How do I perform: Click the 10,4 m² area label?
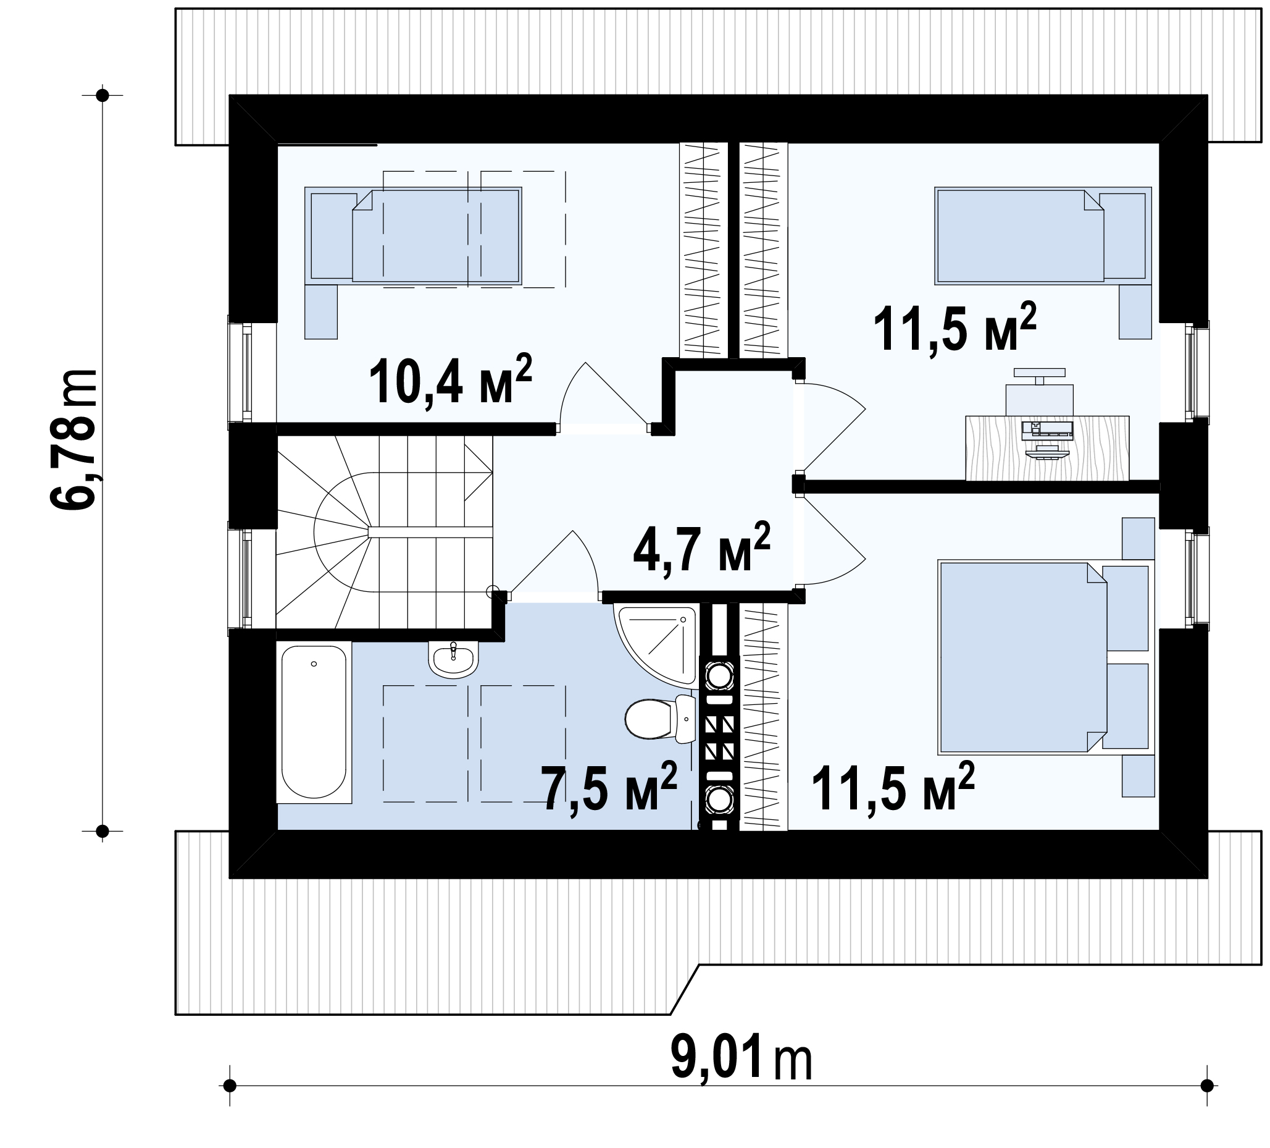coord(451,382)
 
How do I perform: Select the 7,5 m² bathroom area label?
coord(609,787)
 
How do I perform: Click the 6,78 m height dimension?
coord(73,439)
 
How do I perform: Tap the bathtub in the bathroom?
coord(314,722)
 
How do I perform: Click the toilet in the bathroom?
coord(659,719)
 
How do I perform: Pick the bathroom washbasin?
coord(453,659)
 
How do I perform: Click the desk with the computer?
coord(1047,447)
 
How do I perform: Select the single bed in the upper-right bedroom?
coord(1043,235)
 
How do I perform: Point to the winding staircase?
coord(383,533)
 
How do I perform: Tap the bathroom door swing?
coord(553,563)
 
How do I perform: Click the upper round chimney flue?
coord(719,677)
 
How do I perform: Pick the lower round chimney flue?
coord(719,800)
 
